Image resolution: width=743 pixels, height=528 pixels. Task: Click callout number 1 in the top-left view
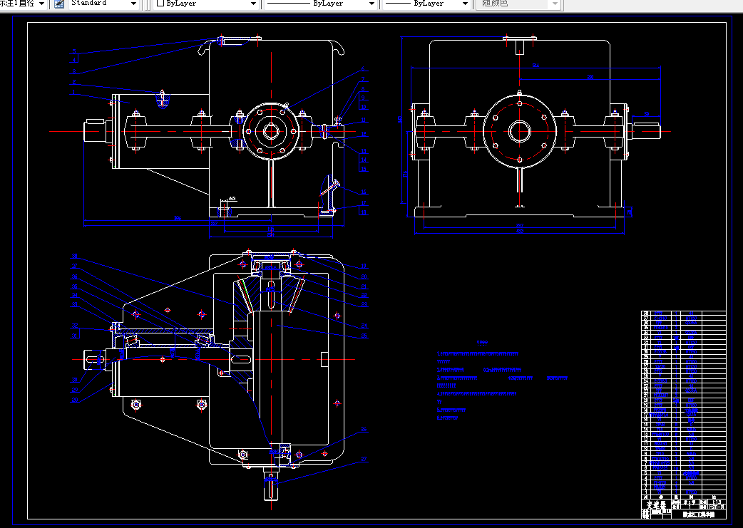click(x=73, y=93)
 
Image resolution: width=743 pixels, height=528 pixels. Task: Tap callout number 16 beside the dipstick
click(x=363, y=192)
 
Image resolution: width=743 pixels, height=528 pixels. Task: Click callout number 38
click(x=74, y=256)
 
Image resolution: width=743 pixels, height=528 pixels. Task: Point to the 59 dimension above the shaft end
click(x=645, y=114)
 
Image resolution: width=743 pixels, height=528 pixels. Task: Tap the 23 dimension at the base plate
click(x=629, y=212)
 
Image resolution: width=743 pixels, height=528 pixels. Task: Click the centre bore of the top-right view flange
click(x=519, y=130)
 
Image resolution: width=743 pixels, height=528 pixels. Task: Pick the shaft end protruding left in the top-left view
click(x=93, y=130)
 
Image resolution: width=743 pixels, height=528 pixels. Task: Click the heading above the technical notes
click(x=483, y=343)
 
